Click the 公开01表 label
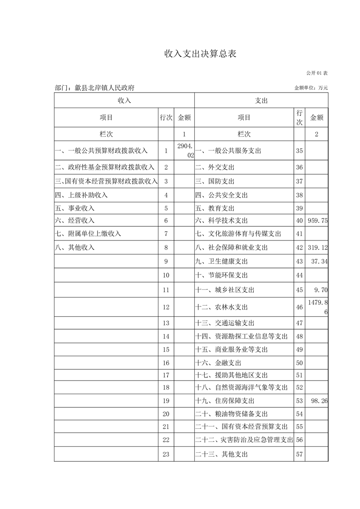point(317,73)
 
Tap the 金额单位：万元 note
point(311,88)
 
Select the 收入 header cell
point(124,101)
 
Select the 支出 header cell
point(261,101)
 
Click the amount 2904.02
point(186,151)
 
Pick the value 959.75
point(317,220)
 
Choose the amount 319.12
point(317,248)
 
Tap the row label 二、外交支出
point(215,167)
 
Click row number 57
point(299,454)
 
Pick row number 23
point(166,454)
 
